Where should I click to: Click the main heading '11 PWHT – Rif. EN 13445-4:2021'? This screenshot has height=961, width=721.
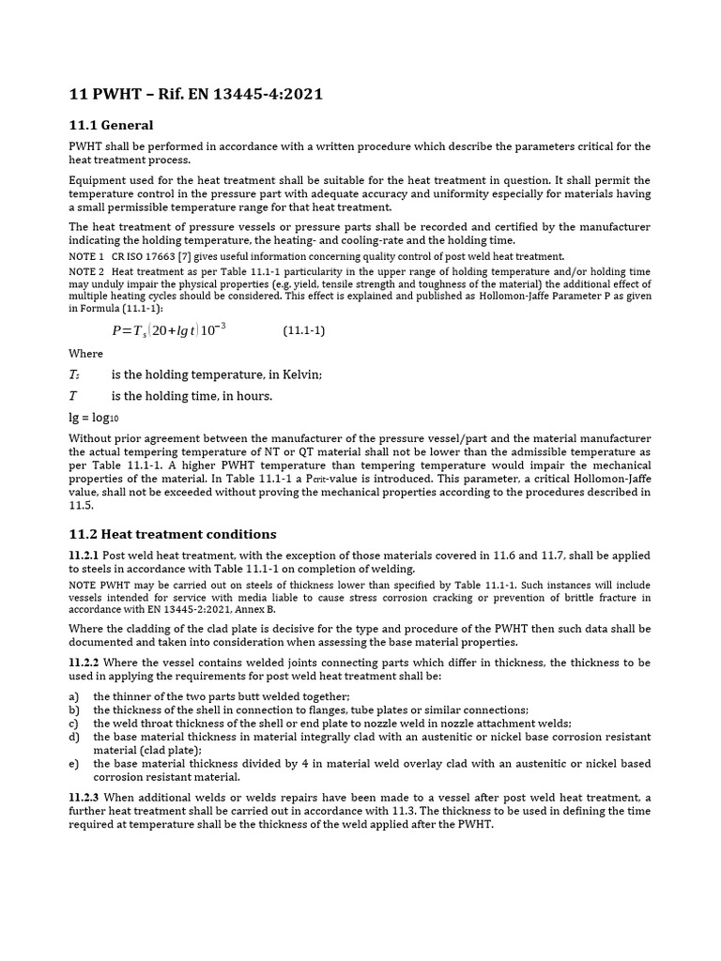pos(197,94)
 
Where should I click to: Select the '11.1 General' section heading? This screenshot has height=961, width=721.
pos(112,125)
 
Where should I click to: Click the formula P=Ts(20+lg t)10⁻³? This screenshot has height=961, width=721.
pos(169,330)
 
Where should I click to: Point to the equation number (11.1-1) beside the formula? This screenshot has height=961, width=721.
pos(304,331)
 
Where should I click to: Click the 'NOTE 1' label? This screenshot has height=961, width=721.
pos(86,256)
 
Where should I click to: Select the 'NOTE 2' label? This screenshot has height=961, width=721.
pos(86,271)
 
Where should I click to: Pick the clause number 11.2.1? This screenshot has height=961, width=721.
pos(84,556)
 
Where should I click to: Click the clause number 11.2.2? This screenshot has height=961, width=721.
pos(84,663)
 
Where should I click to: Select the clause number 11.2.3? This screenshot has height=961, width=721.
pos(84,797)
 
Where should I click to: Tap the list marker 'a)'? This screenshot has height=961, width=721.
pos(74,696)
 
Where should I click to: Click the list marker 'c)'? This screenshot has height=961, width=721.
pos(74,724)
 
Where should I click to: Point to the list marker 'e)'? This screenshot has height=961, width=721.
pos(74,763)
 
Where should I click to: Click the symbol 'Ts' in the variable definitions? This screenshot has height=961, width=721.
pos(75,375)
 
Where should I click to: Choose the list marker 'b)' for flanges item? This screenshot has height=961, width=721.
pos(74,710)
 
